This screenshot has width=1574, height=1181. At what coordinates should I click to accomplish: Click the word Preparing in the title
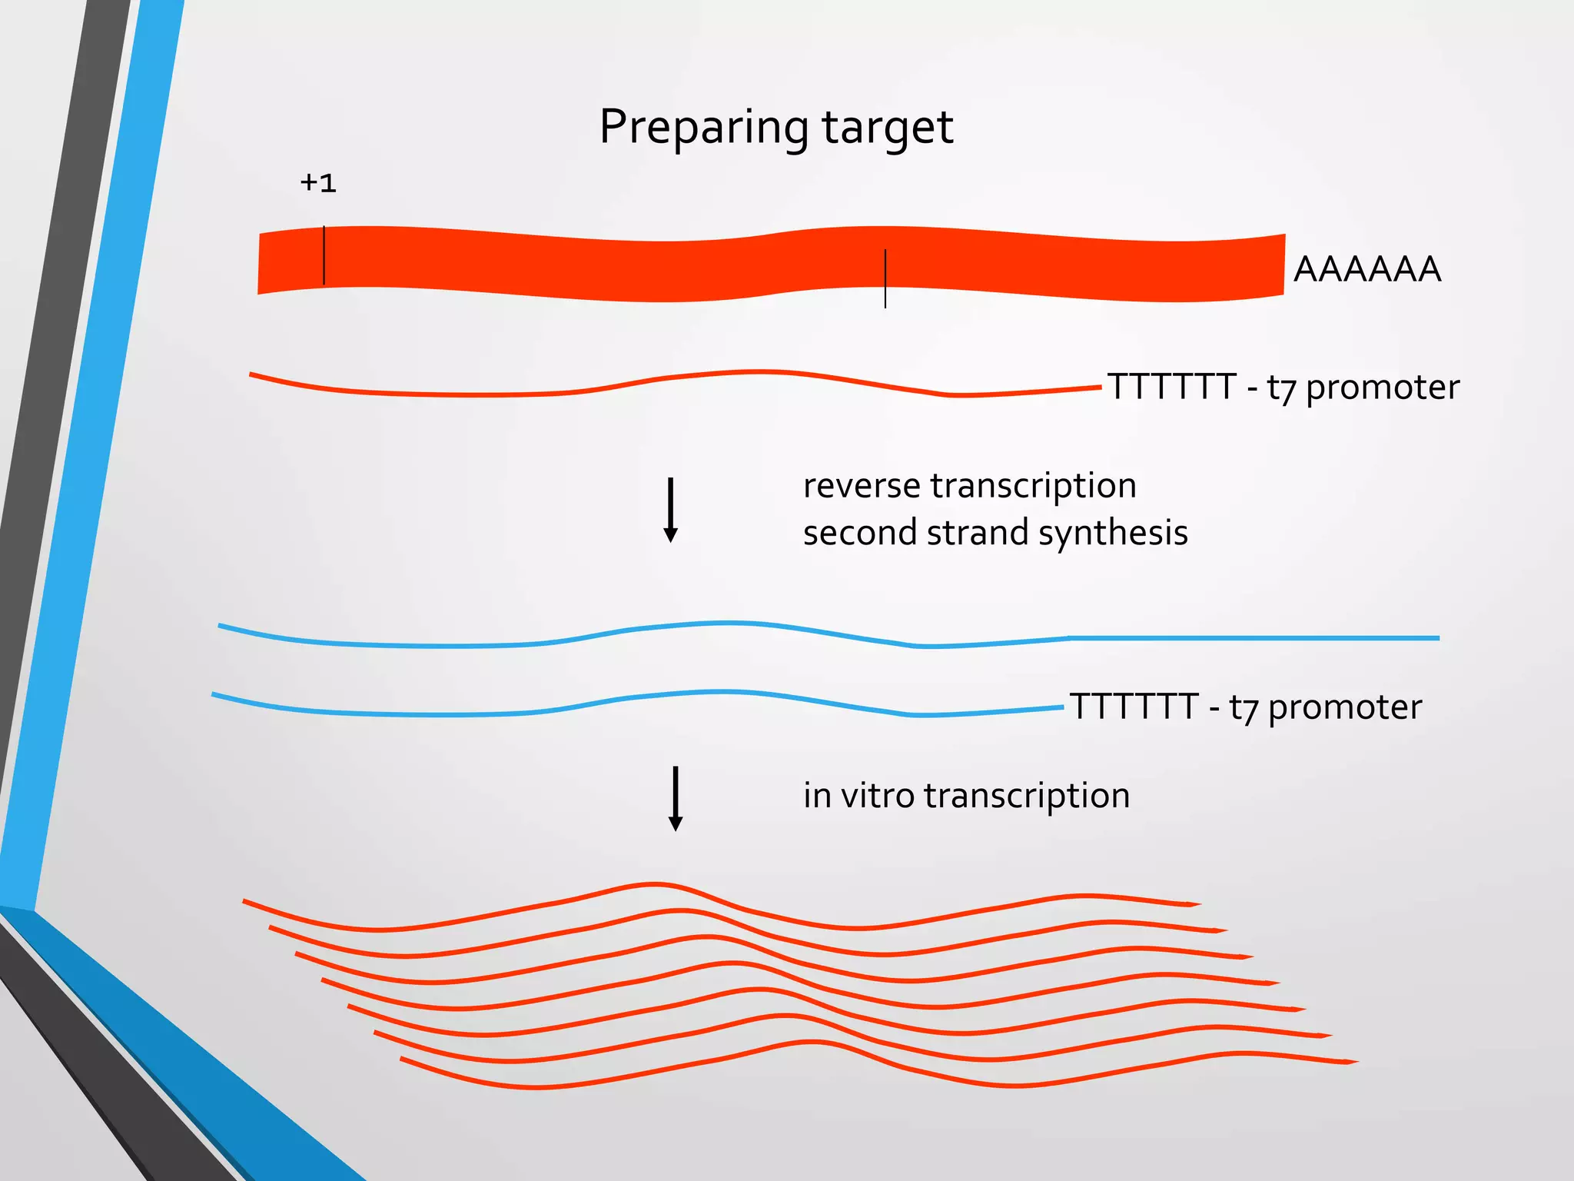pyautogui.click(x=702, y=127)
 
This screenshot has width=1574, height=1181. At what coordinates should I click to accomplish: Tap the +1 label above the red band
pyautogui.click(x=318, y=183)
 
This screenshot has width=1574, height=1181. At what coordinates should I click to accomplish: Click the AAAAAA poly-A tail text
pyautogui.click(x=1366, y=269)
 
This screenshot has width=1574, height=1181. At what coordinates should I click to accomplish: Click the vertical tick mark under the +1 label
pyautogui.click(x=324, y=255)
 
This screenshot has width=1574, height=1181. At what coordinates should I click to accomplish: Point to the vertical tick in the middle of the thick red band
pyautogui.click(x=885, y=278)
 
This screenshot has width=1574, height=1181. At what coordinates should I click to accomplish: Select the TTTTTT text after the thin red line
pyautogui.click(x=1171, y=387)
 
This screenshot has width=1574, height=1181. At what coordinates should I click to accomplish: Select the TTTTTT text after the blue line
pyautogui.click(x=1134, y=707)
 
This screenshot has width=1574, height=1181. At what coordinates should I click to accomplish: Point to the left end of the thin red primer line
pyautogui.click(x=252, y=374)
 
